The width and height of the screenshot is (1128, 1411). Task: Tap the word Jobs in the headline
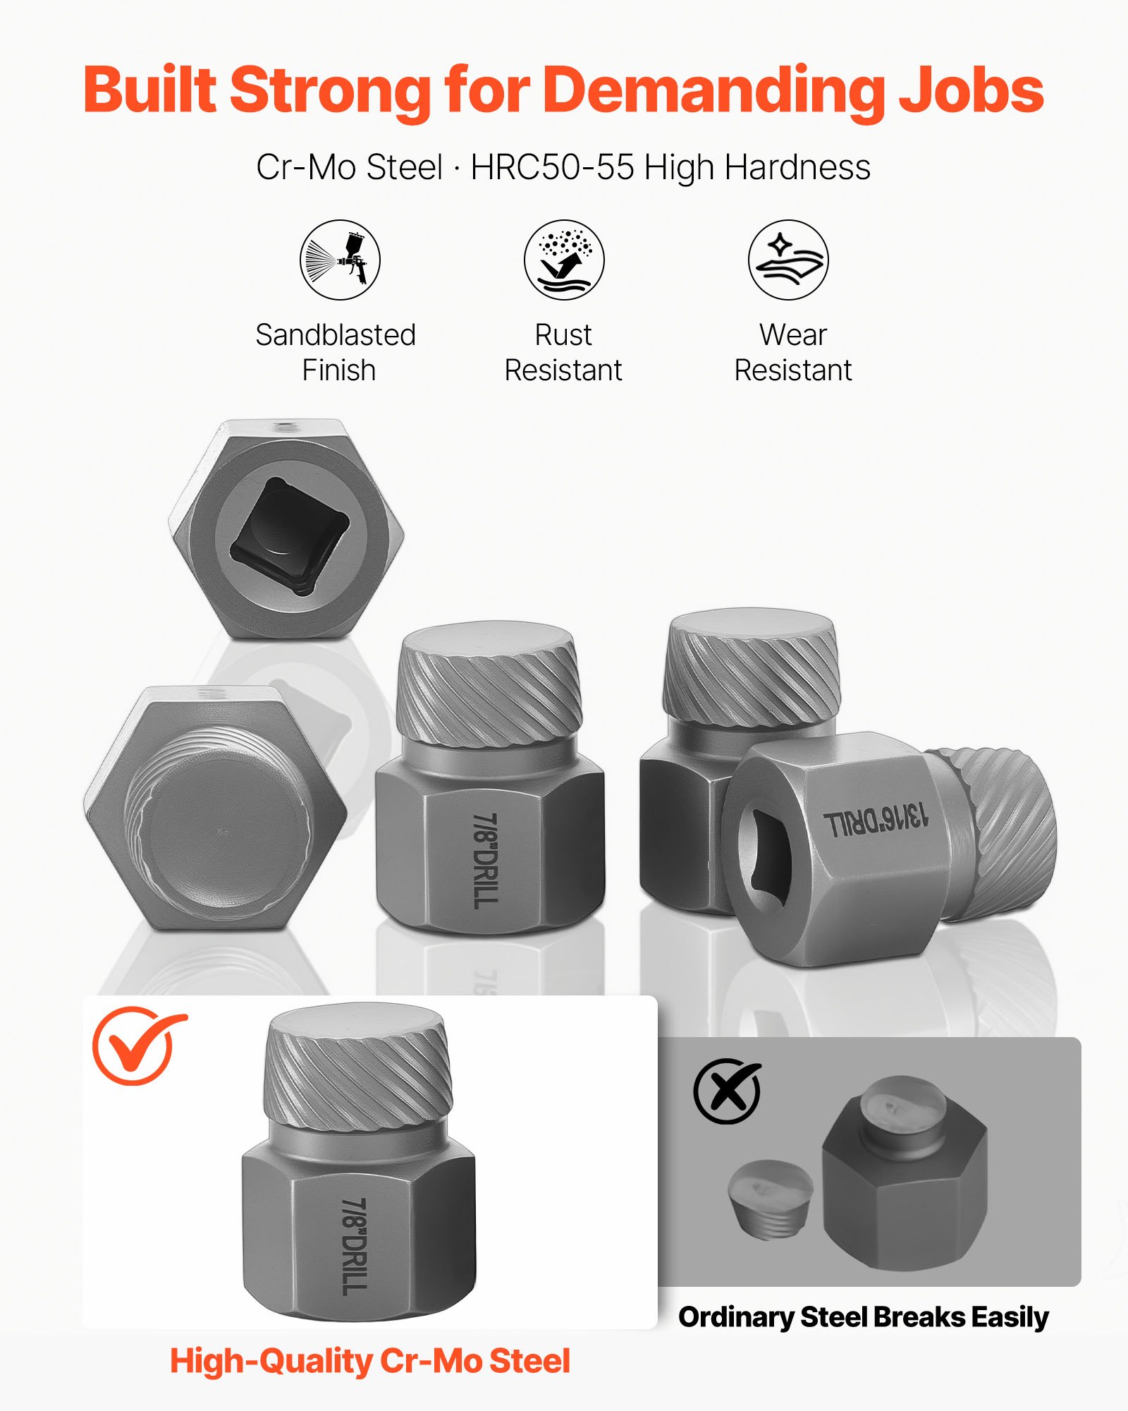click(971, 90)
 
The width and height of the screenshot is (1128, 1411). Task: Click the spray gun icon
click(340, 260)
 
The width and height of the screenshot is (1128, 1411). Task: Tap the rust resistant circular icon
click(564, 260)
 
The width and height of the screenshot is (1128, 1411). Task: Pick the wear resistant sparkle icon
click(788, 260)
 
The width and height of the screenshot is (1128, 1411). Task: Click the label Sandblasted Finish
click(336, 352)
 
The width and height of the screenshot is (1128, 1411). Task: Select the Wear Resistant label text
click(792, 352)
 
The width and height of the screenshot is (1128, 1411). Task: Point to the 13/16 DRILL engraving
click(876, 820)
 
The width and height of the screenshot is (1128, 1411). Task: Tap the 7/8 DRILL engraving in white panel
click(355, 1246)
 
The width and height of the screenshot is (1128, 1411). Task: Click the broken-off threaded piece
click(769, 1199)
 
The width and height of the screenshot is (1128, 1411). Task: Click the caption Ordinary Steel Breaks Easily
click(863, 1317)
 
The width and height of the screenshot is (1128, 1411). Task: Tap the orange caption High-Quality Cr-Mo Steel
click(370, 1361)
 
